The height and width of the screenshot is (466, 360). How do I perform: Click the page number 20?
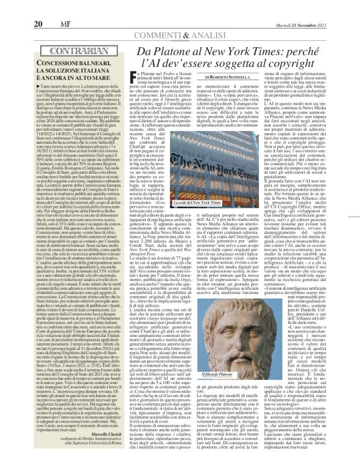pos(12,7)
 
